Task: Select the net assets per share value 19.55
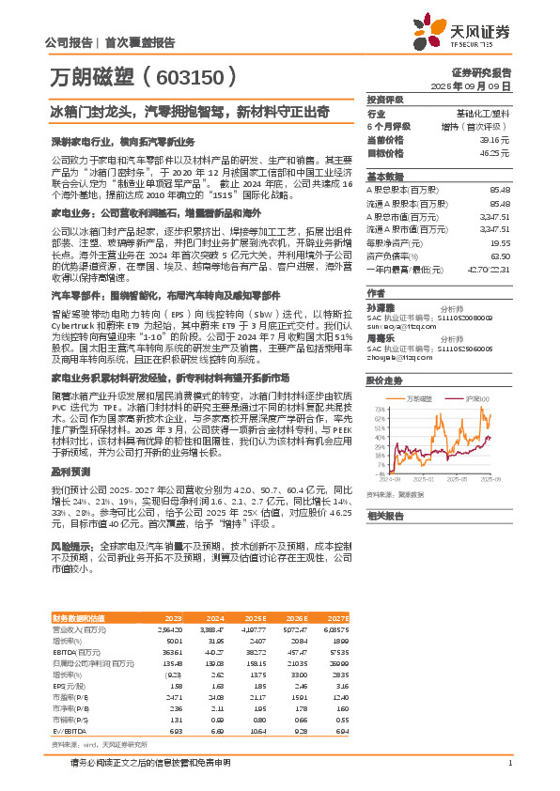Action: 501,240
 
